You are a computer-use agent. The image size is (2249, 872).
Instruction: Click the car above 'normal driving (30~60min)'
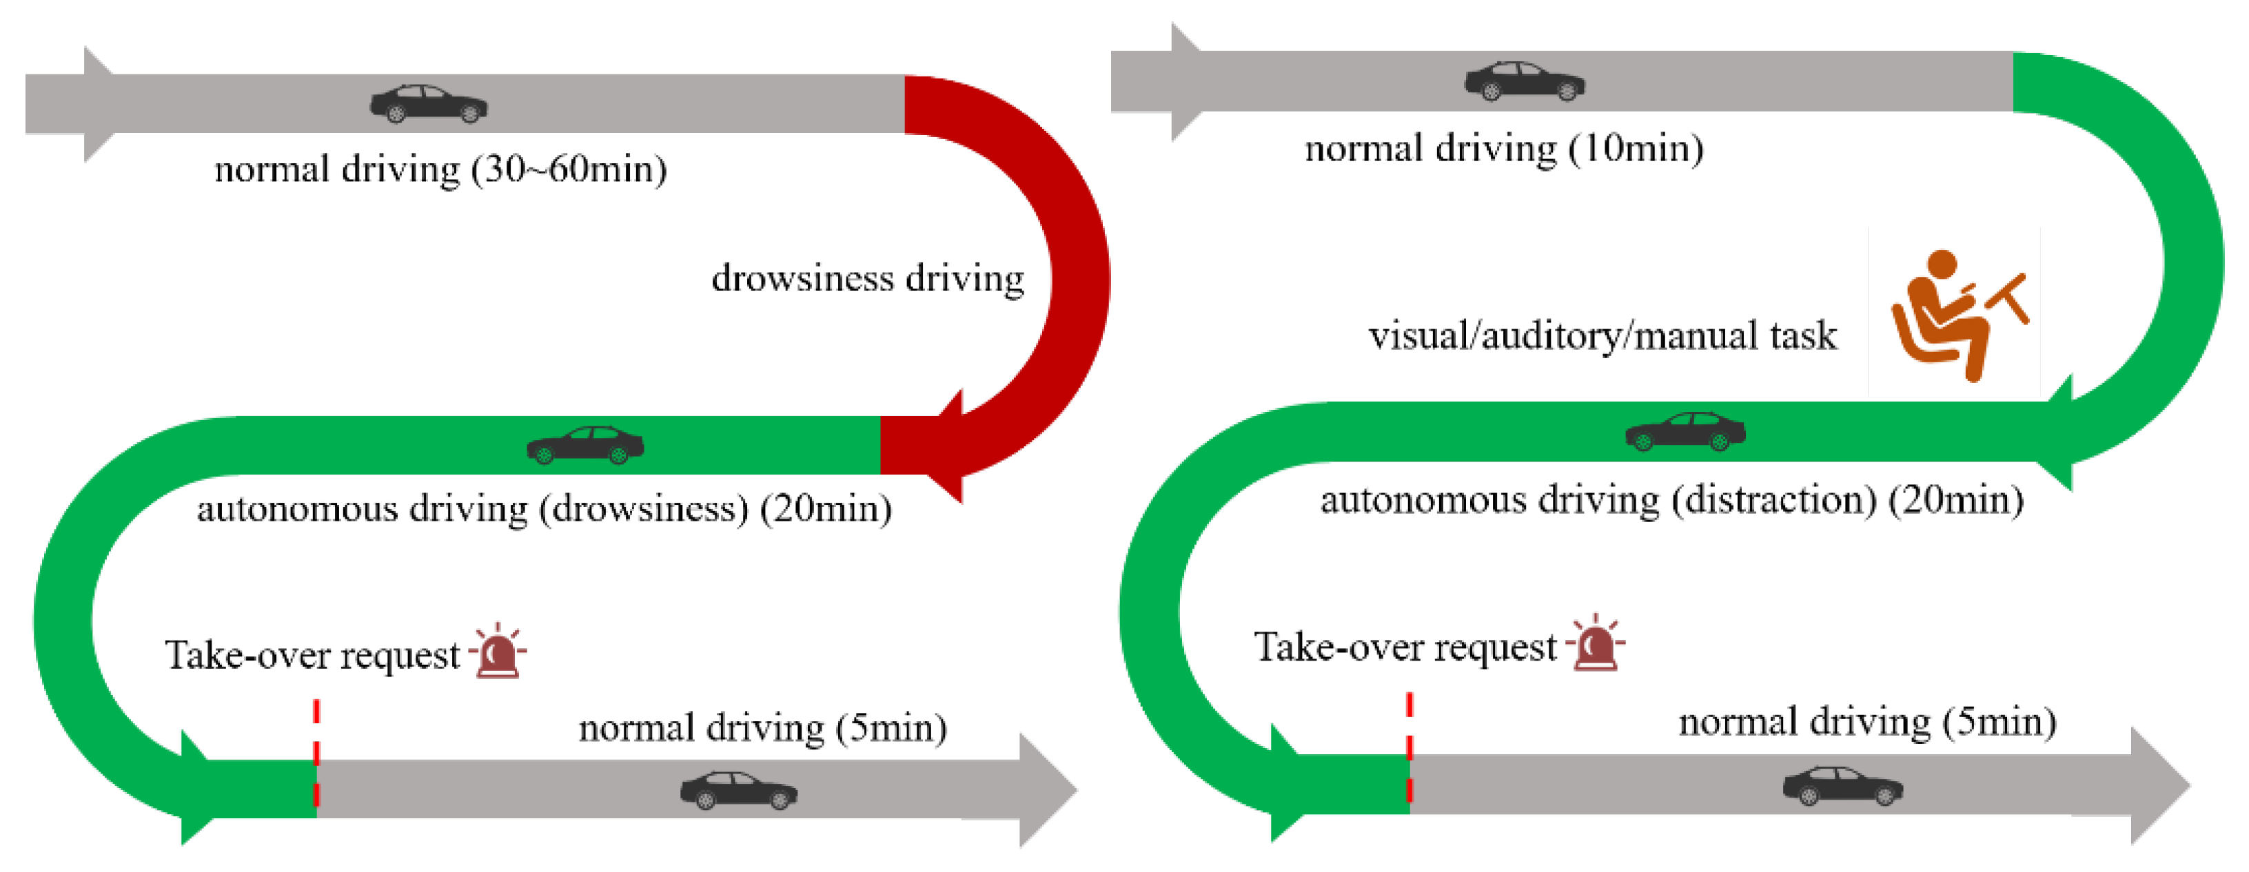click(429, 104)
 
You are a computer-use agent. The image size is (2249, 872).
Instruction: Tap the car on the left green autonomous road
click(585, 445)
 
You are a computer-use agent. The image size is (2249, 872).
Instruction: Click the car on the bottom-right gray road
click(1842, 786)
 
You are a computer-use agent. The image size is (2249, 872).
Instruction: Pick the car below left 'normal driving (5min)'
click(739, 791)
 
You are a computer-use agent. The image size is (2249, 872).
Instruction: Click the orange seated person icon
click(1955, 314)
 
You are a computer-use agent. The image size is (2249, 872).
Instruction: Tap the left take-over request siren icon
click(498, 653)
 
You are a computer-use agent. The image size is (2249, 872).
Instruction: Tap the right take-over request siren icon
click(1595, 644)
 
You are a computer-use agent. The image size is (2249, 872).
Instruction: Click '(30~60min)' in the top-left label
click(569, 169)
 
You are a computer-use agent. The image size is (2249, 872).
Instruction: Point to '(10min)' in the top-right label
click(1636, 148)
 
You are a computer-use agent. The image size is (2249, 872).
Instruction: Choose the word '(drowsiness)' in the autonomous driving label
click(644, 509)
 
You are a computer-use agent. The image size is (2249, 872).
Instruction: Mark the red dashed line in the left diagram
click(316, 752)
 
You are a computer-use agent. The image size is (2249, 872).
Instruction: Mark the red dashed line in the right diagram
click(1409, 747)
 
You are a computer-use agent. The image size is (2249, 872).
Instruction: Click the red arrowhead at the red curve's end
click(947, 445)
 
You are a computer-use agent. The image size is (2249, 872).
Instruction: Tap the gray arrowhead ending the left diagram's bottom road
click(1045, 790)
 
